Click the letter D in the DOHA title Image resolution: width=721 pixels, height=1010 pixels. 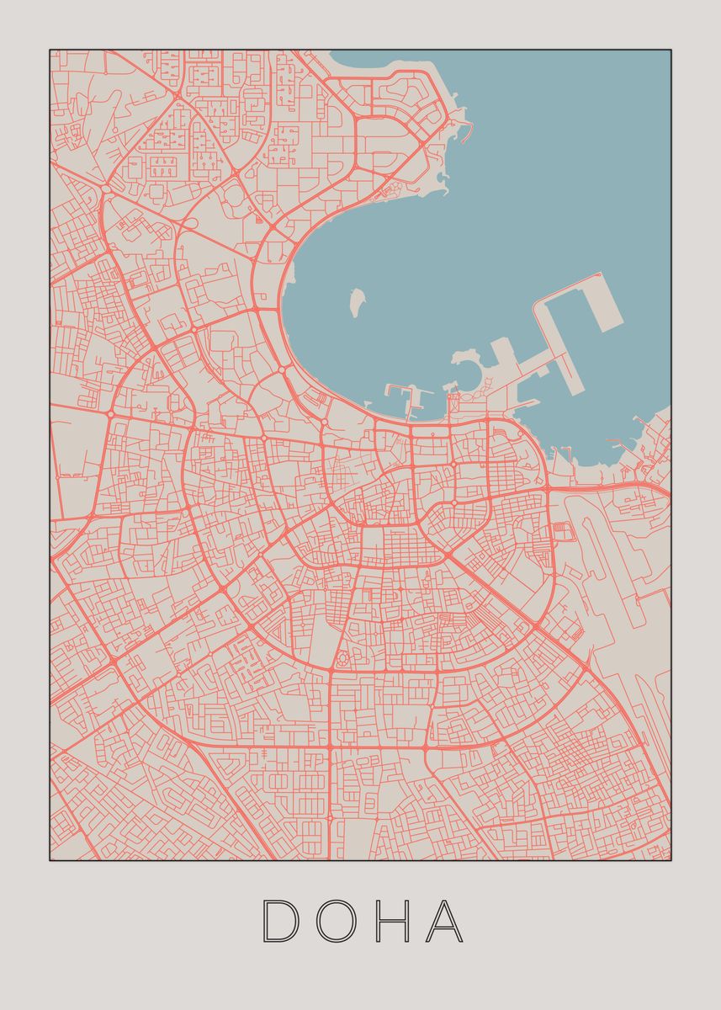281,921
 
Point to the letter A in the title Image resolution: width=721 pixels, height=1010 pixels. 444,921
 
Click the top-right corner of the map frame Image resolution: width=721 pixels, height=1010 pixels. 671,50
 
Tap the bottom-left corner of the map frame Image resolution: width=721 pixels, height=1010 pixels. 50,859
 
